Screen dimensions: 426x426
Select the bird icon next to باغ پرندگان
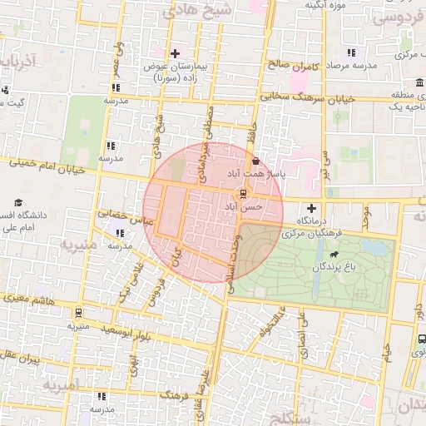[x=334, y=255]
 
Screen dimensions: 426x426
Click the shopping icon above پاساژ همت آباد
[x=255, y=161]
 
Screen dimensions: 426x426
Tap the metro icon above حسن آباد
[x=242, y=195]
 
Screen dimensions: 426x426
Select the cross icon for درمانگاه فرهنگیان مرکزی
[x=311, y=207]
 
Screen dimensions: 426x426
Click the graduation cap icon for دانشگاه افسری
[x=18, y=203]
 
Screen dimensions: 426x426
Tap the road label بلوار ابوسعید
[x=130, y=332]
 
